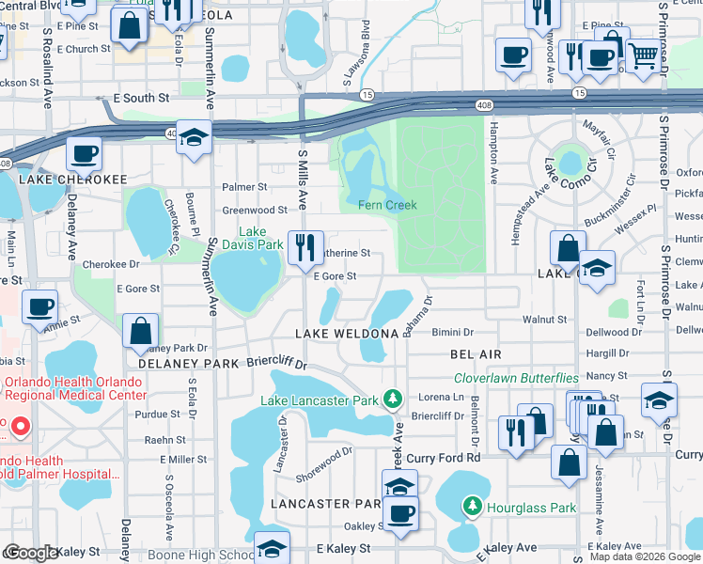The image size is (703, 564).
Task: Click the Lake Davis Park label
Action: coord(259,238)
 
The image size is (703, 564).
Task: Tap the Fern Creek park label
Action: coord(387,205)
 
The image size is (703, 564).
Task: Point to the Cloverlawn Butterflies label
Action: coord(516,378)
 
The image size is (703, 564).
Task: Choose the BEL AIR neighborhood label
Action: coord(476,354)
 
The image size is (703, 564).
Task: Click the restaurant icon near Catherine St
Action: coord(305,248)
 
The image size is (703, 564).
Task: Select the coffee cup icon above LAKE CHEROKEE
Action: coord(83,154)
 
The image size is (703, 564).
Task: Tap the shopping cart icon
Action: coord(643,57)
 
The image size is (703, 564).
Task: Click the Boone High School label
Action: coord(199,556)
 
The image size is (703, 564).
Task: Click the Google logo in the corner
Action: coord(31,554)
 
